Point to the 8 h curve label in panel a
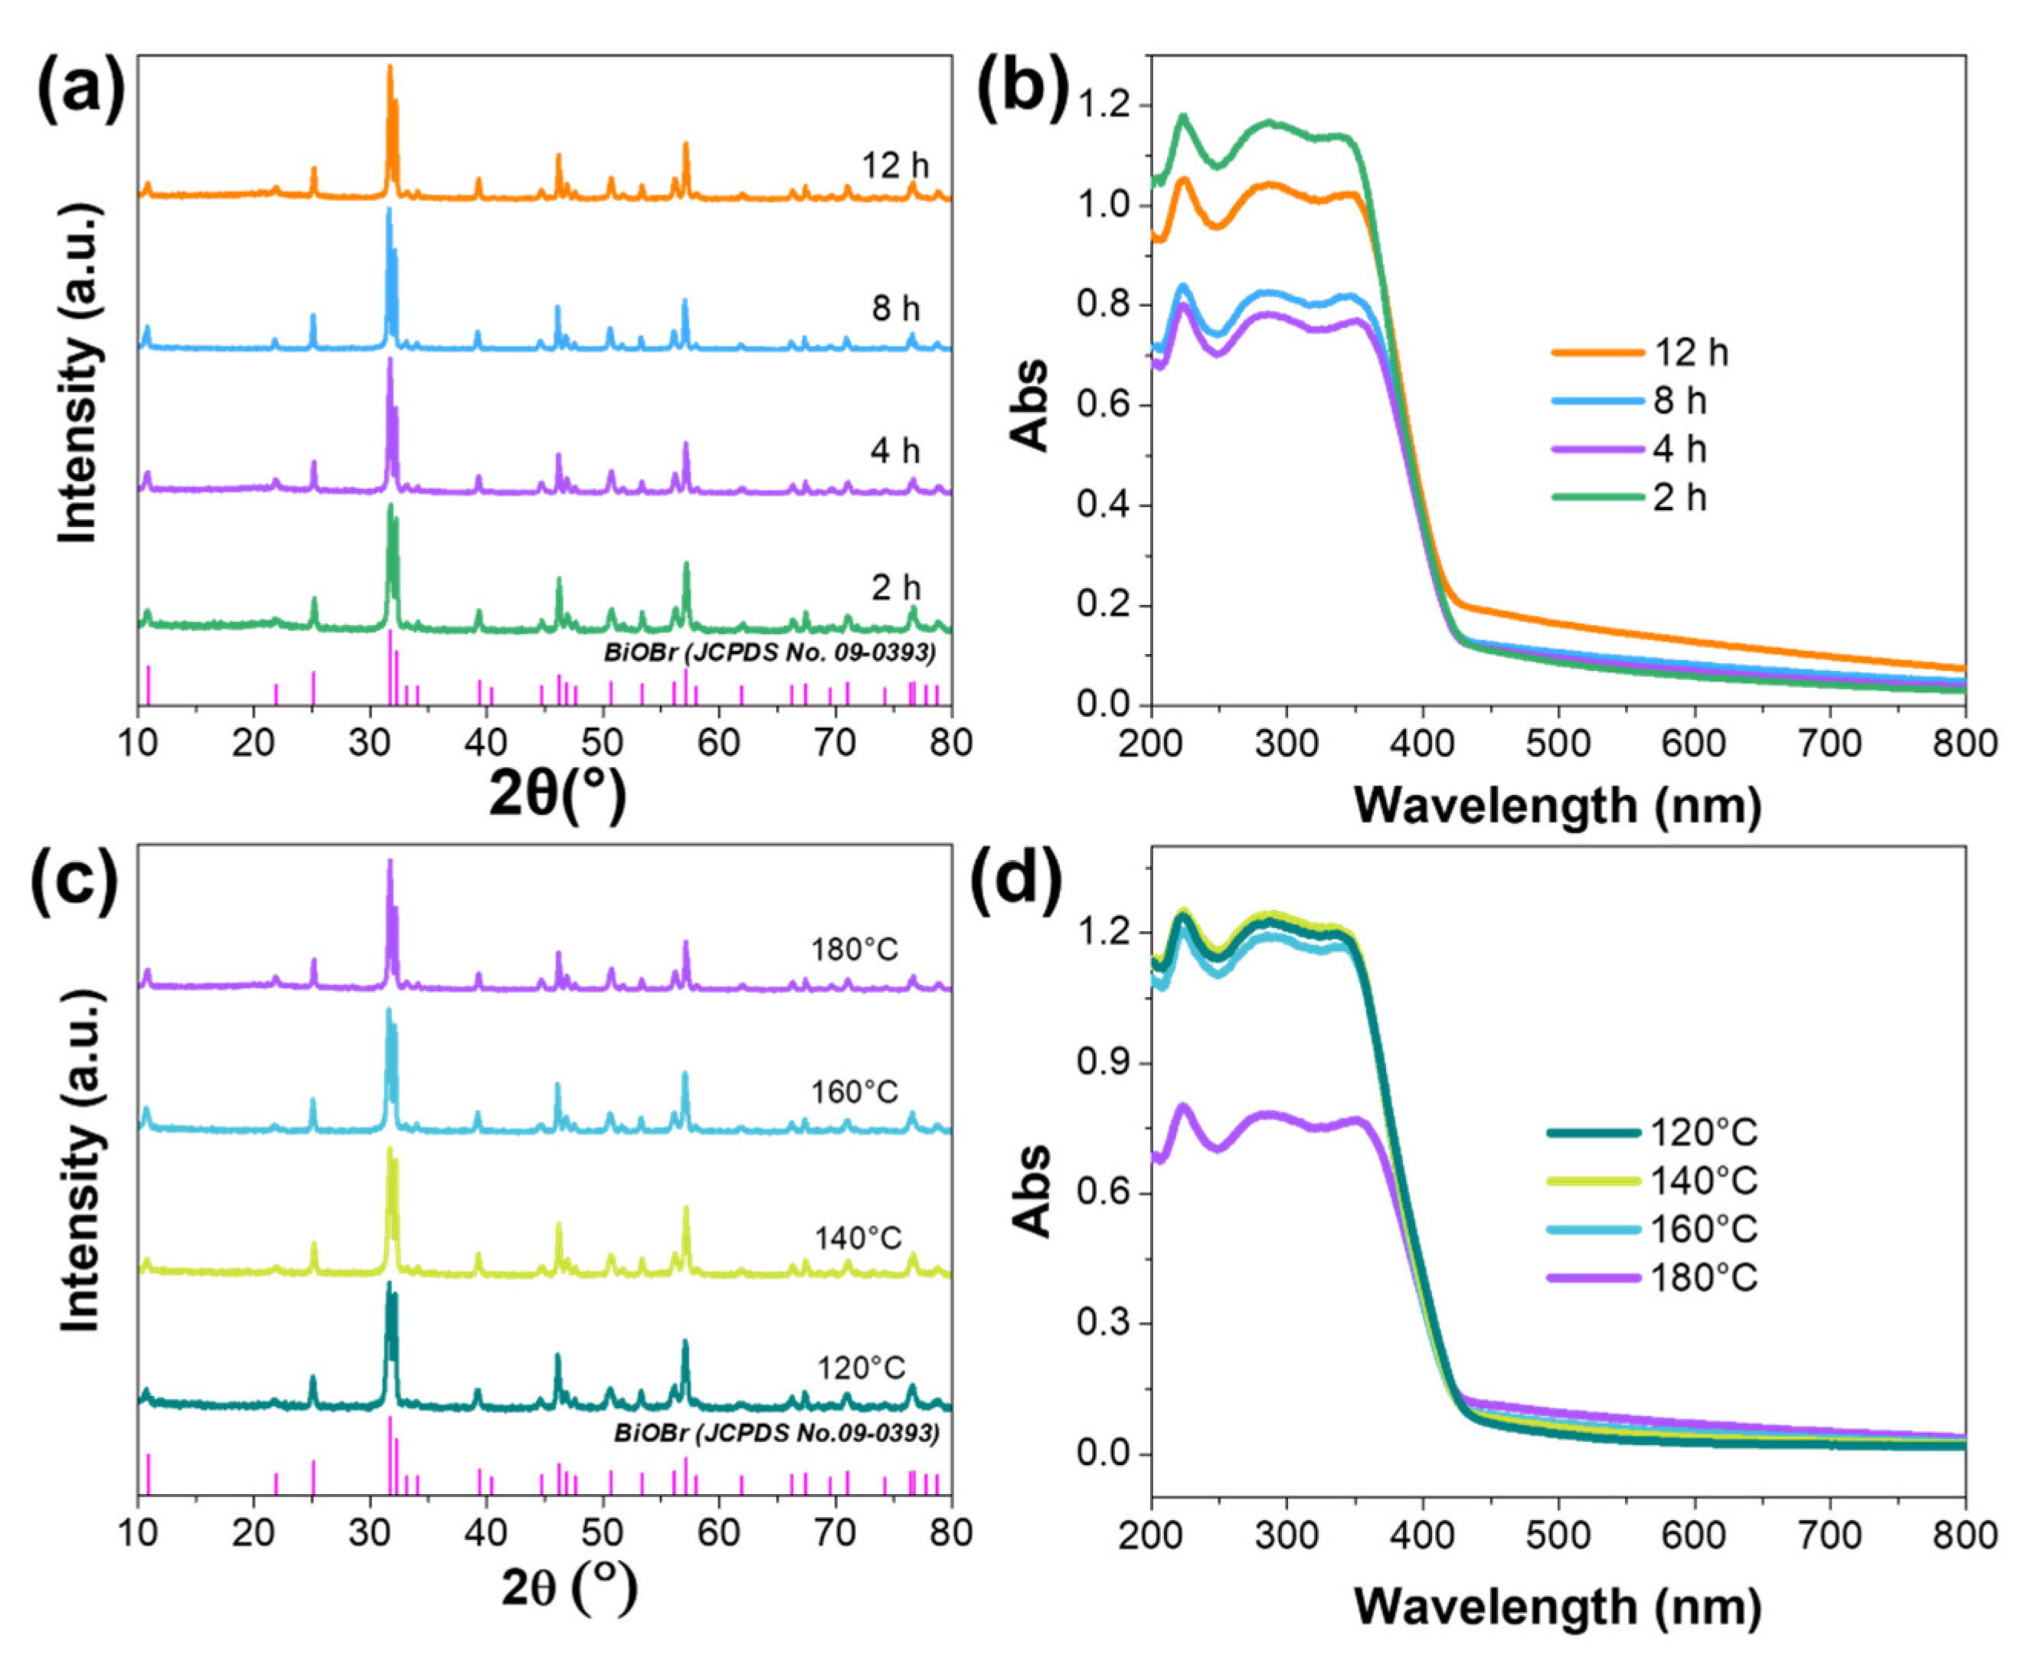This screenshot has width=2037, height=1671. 895,309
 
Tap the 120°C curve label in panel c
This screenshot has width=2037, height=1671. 862,1368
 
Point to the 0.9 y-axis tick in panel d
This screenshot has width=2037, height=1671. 1106,1063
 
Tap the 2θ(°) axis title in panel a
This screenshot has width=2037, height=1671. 558,795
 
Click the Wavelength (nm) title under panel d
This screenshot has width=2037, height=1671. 1557,1607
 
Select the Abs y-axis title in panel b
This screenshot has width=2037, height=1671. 1031,404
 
